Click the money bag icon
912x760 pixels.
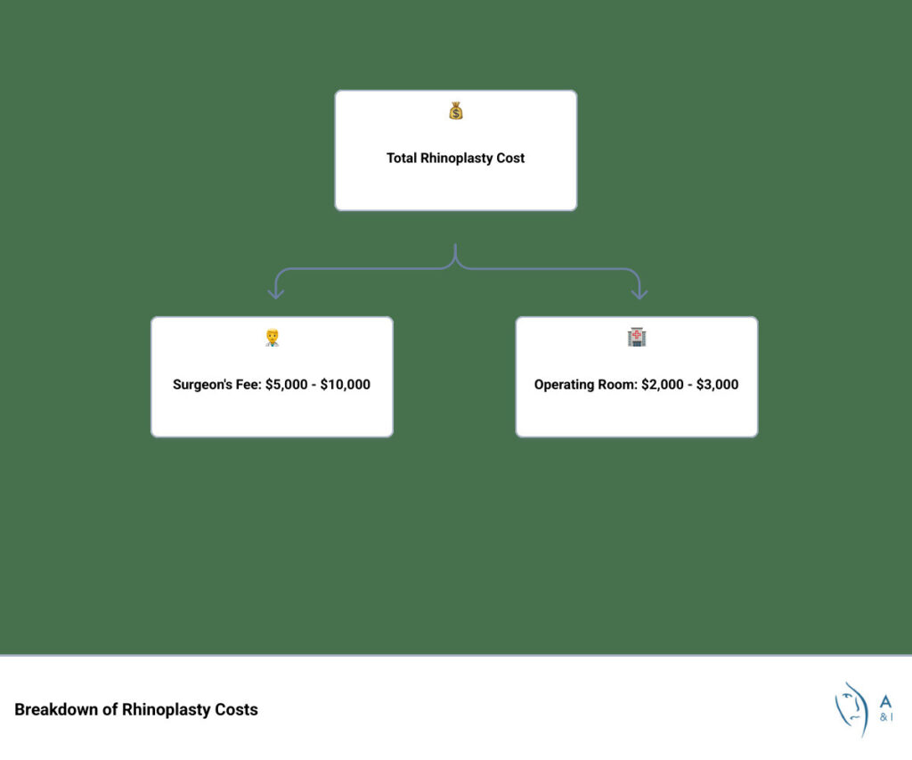(x=456, y=111)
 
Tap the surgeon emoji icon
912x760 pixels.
(x=272, y=338)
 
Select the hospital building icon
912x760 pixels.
(x=636, y=338)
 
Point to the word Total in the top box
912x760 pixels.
(x=402, y=159)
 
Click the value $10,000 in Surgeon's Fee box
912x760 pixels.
(x=345, y=385)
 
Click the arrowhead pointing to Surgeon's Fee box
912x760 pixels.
(x=276, y=293)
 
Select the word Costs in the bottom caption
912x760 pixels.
(x=236, y=710)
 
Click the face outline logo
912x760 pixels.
(x=852, y=708)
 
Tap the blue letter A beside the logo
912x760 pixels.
(x=885, y=701)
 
